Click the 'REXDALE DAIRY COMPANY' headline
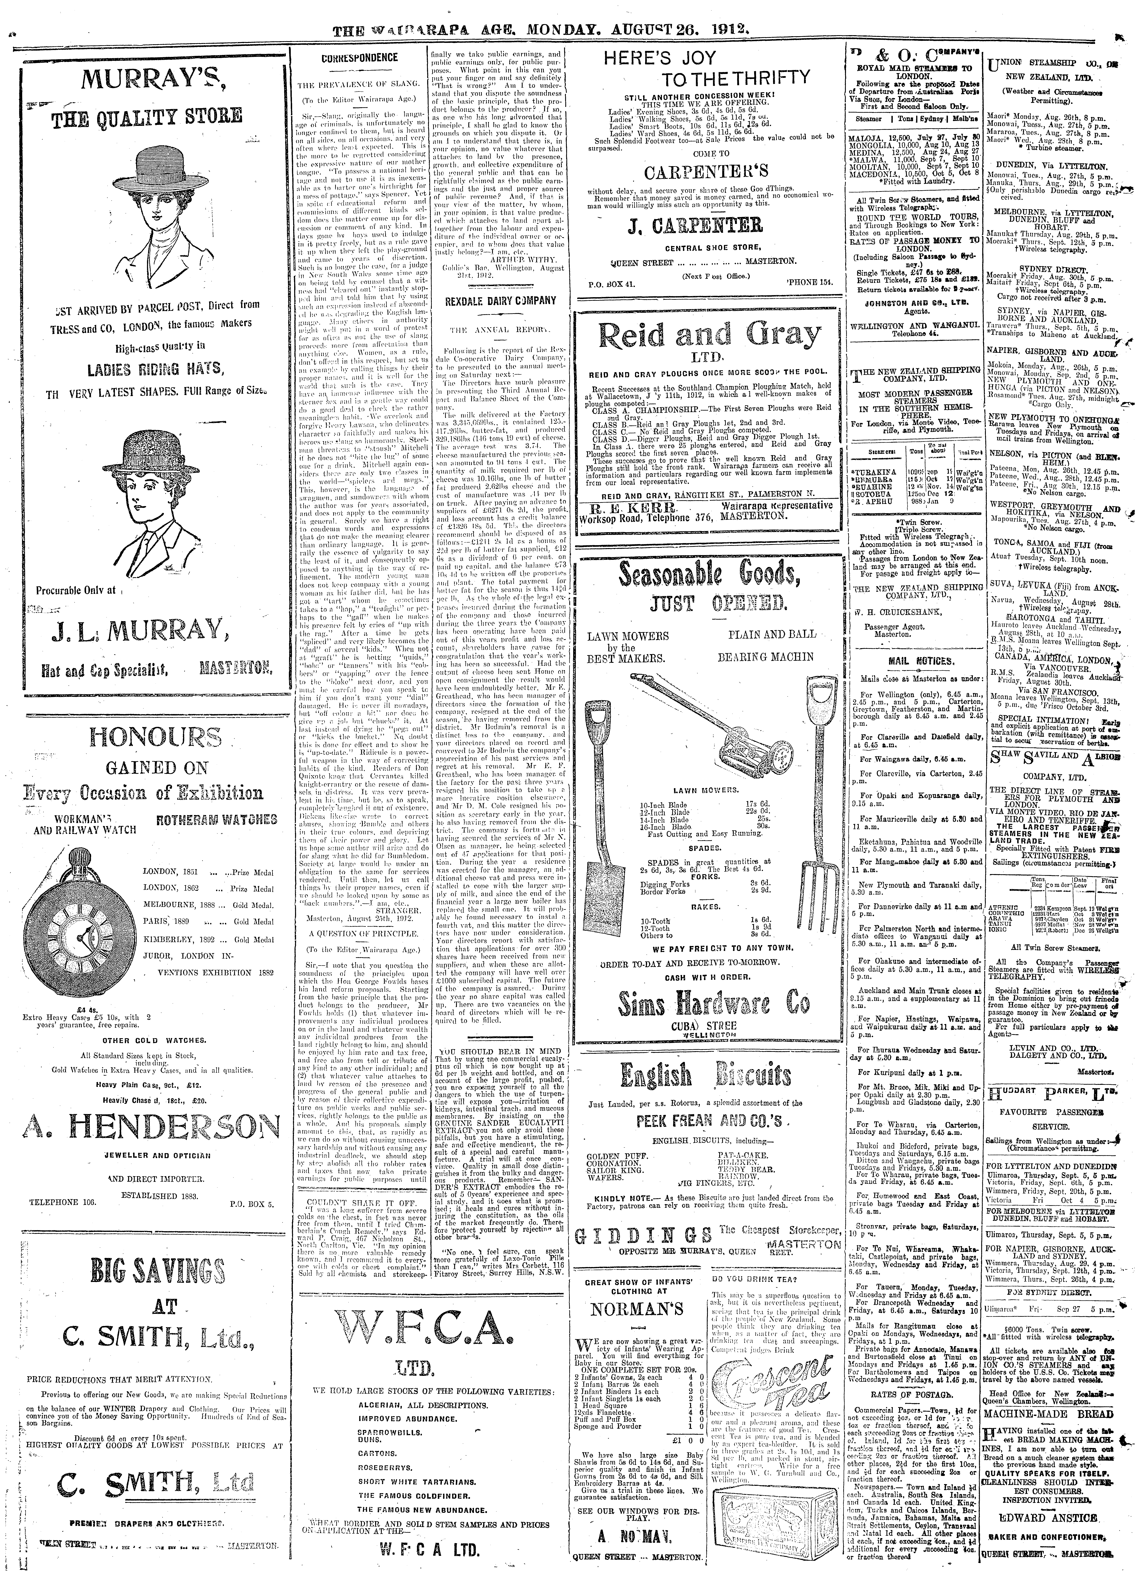tap(500, 300)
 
